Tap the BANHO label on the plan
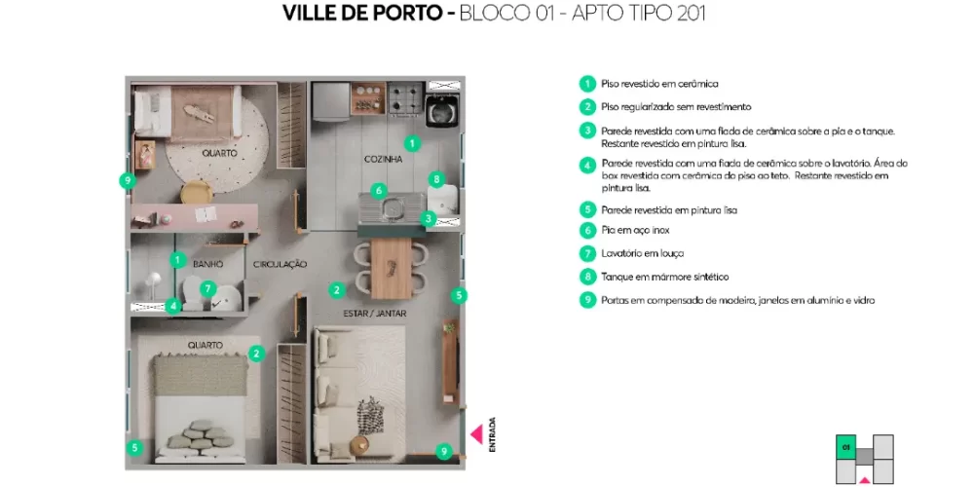point(208,264)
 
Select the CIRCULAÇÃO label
point(281,264)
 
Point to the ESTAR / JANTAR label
point(375,314)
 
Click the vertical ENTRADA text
point(493,434)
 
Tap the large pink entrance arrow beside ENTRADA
point(476,434)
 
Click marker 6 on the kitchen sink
point(379,191)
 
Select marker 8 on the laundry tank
point(436,179)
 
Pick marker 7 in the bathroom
point(207,288)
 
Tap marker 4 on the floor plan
point(172,306)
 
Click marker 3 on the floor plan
point(428,219)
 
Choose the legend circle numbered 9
point(586,300)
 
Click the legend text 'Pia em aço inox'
point(634,230)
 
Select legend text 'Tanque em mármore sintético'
point(665,277)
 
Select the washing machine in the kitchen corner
point(444,103)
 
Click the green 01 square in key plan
point(844,446)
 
